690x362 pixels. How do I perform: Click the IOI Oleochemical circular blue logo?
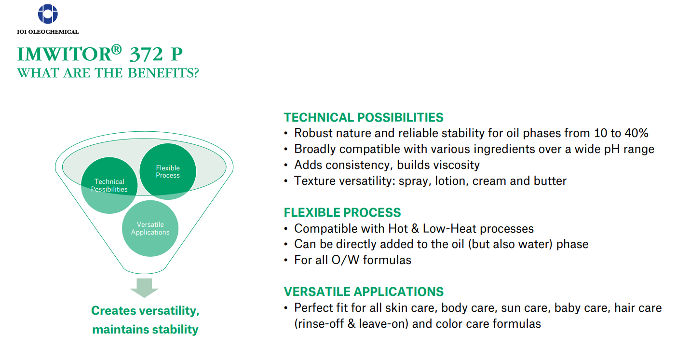[48, 14]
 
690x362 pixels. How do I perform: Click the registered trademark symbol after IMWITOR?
[116, 49]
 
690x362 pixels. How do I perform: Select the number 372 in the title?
[146, 55]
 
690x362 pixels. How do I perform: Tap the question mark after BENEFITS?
[196, 73]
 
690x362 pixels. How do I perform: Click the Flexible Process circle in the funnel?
[168, 171]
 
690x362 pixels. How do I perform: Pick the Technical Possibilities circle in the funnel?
[109, 185]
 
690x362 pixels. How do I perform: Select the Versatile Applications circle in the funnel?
[150, 228]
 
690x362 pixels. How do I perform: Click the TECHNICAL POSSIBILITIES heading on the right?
[364, 117]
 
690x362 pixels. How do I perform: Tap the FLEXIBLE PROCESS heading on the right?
[342, 212]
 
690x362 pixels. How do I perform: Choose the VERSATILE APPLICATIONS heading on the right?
[364, 292]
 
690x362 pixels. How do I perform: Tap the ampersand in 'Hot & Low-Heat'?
[415, 229]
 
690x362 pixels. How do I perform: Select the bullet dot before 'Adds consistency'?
[286, 165]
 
